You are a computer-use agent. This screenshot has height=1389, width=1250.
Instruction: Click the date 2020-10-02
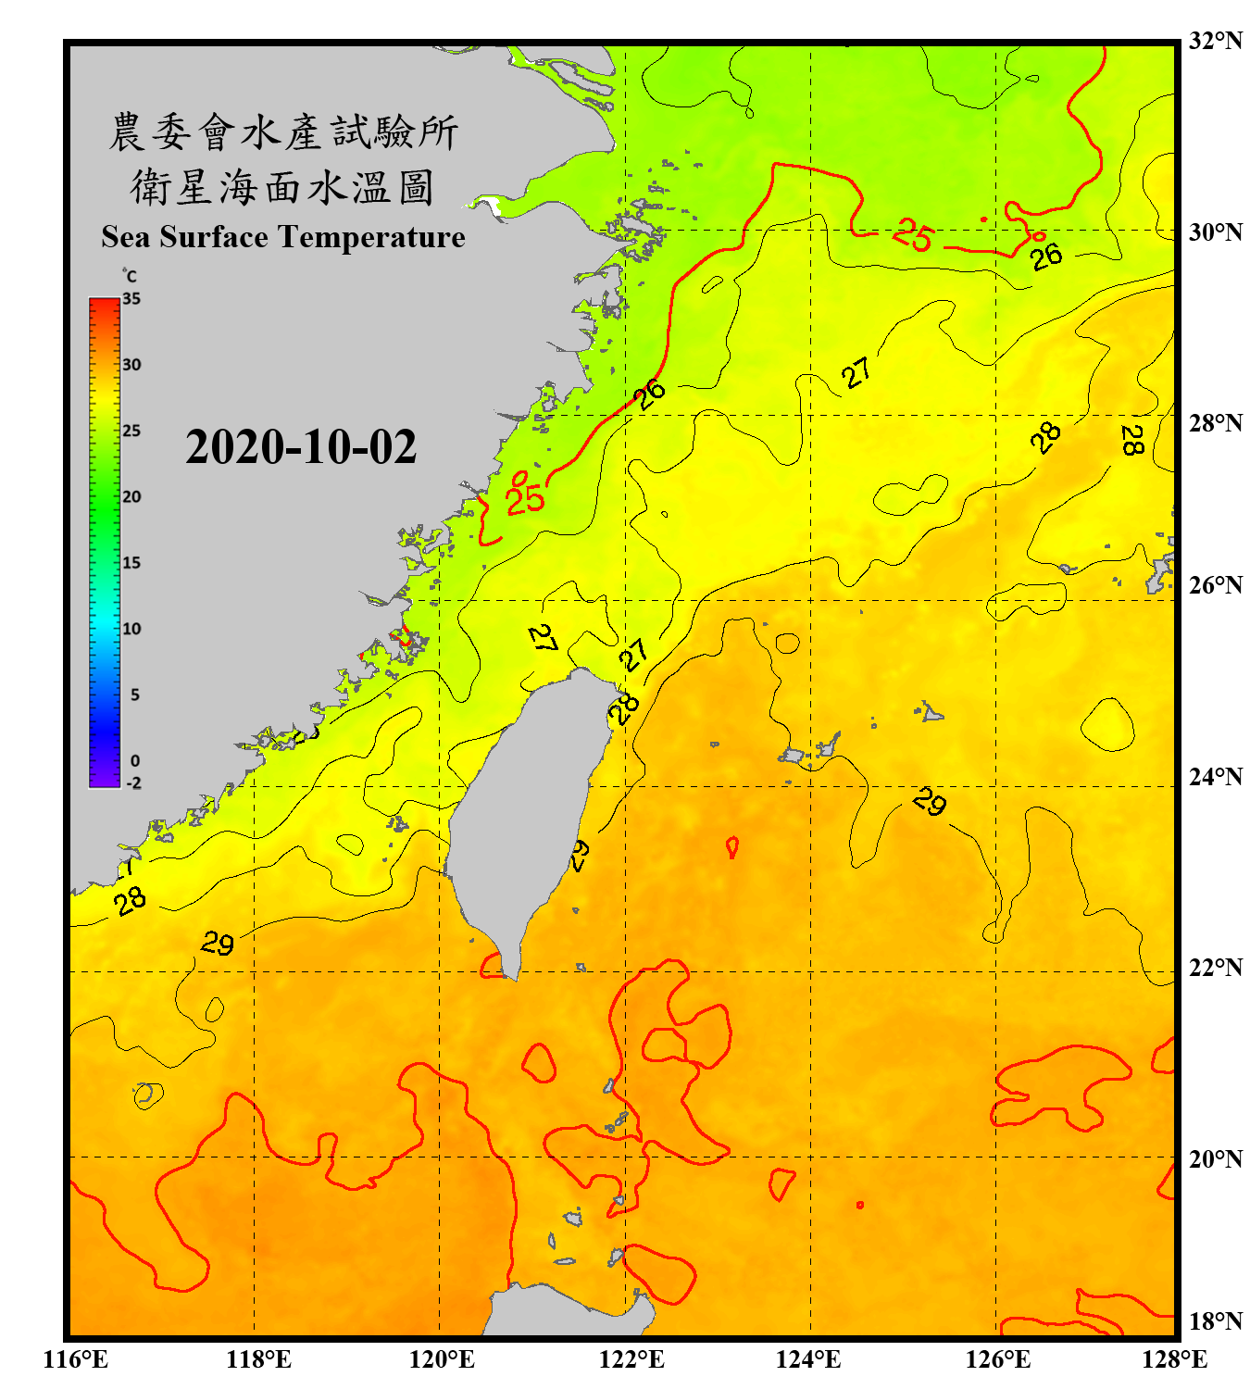[x=301, y=447]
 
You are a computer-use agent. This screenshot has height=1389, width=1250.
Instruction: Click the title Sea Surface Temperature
[x=283, y=237]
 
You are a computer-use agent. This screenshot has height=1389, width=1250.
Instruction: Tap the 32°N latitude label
[x=1215, y=41]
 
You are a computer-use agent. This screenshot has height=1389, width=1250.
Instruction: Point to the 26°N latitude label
[x=1215, y=585]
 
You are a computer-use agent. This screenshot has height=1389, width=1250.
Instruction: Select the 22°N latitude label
[x=1215, y=968]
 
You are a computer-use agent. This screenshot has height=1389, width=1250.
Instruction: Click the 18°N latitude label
[x=1215, y=1321]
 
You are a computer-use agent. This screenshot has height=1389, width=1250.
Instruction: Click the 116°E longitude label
[x=75, y=1359]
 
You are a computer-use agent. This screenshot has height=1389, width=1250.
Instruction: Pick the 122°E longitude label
[x=631, y=1359]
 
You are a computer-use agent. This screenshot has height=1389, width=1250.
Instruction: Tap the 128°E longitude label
[x=1174, y=1359]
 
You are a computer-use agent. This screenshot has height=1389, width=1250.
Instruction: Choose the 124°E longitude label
[x=808, y=1359]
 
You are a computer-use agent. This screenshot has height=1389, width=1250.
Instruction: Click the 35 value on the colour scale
[x=131, y=299]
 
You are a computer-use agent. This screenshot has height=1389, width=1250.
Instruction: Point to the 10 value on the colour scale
[x=131, y=629]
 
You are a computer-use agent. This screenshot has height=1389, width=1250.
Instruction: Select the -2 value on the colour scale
[x=133, y=783]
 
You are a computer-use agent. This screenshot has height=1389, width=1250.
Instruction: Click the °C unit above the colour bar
[x=129, y=276]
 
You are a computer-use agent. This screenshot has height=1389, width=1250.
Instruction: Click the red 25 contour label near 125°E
[x=912, y=235]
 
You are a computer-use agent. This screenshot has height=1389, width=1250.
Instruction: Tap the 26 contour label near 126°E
[x=1046, y=257]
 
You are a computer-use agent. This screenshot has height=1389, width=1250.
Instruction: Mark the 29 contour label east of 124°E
[x=929, y=801]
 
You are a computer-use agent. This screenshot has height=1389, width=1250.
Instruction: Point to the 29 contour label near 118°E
[x=218, y=944]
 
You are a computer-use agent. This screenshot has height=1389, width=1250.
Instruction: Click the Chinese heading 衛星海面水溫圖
[x=281, y=187]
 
